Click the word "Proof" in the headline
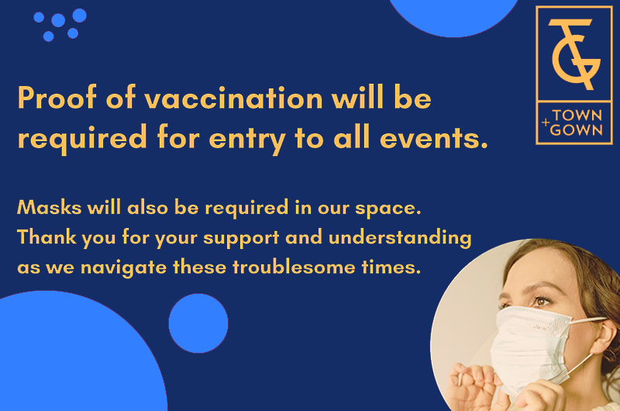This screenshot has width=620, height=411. tap(57, 97)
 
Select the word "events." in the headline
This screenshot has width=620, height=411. tap(434, 138)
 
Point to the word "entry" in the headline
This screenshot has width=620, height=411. tap(247, 140)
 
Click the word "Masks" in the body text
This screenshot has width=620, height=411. tap(49, 207)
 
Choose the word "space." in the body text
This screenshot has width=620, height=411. tap(387, 209)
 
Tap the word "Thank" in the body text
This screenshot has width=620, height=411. tap(46, 237)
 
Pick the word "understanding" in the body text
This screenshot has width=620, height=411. tap(400, 238)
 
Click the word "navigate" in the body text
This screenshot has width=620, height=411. tap(123, 268)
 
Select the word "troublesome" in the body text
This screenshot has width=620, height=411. tap(294, 267)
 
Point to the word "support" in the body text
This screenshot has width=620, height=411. tap(241, 238)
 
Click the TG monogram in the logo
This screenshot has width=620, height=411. tap(574, 54)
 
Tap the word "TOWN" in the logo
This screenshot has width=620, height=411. tap(577, 116)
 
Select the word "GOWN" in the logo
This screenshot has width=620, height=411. tap(576, 130)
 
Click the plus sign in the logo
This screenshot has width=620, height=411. tap(546, 123)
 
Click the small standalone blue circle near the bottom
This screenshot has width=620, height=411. tap(198, 323)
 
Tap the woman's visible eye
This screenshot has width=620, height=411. tap(541, 302)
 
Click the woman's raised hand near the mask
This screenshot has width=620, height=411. tap(474, 385)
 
